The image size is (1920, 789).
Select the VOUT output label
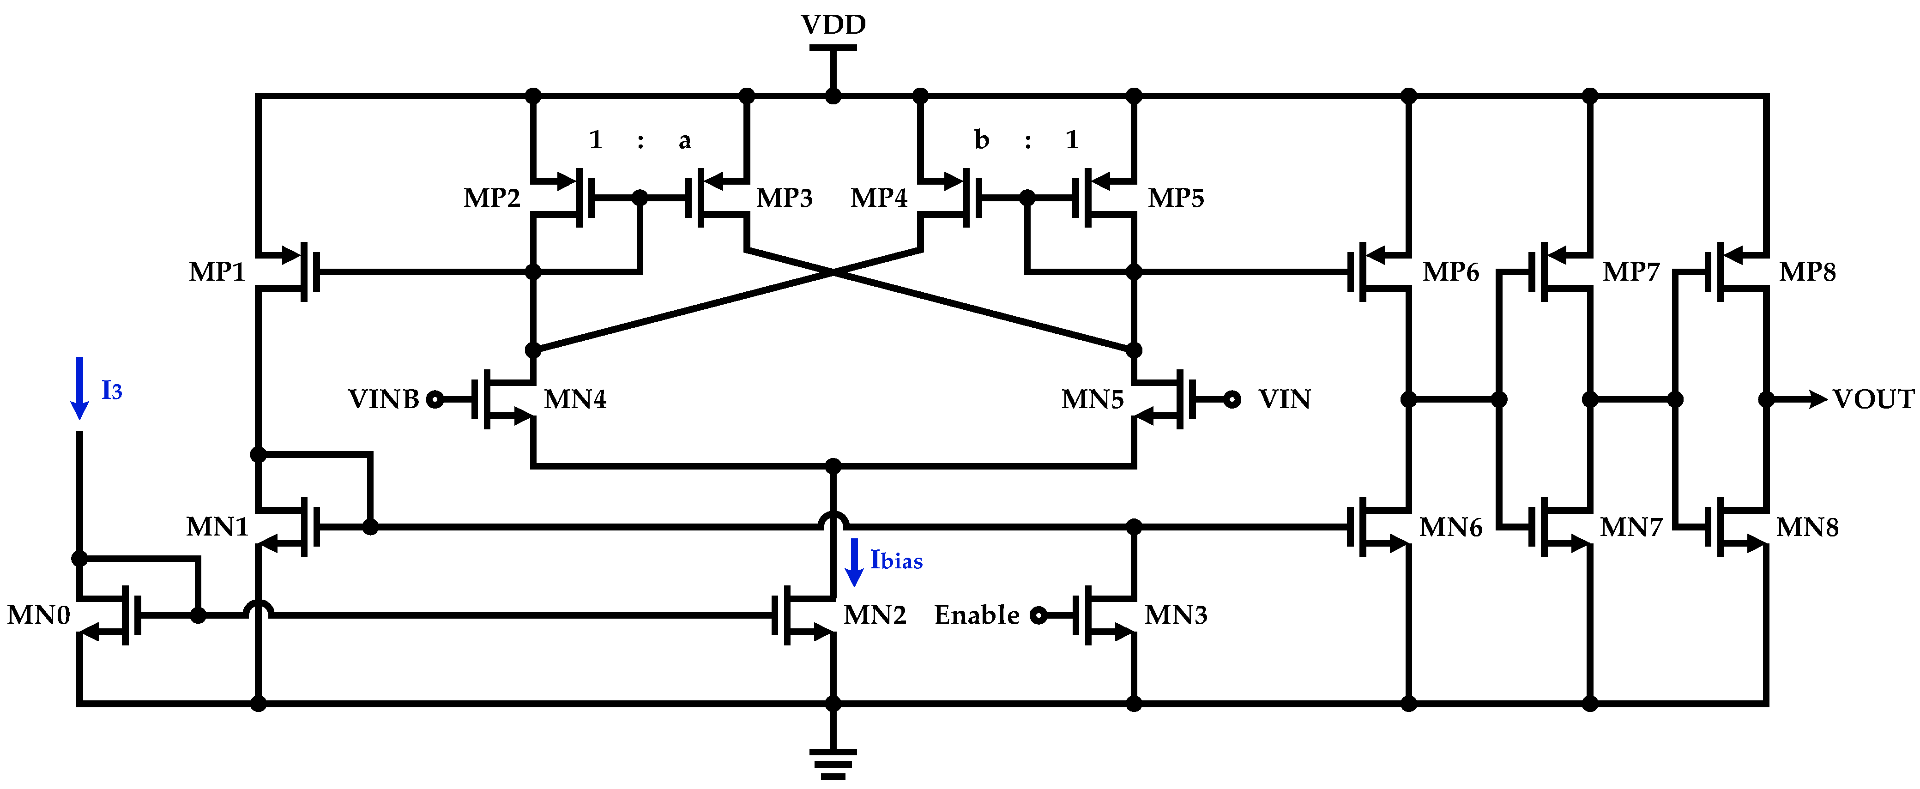[x=1873, y=399]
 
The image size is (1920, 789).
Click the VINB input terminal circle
[x=435, y=400]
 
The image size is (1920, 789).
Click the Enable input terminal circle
[x=1038, y=615]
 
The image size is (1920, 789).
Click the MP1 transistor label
[x=217, y=272]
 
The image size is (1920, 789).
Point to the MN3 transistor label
[x=1175, y=615]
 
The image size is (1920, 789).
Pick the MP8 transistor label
[x=1807, y=272]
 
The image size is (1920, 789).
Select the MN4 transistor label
[x=574, y=400]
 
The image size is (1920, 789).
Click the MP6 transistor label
[x=1450, y=272]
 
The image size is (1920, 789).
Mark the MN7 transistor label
[x=1631, y=528]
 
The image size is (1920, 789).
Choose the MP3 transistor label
[x=784, y=198]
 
